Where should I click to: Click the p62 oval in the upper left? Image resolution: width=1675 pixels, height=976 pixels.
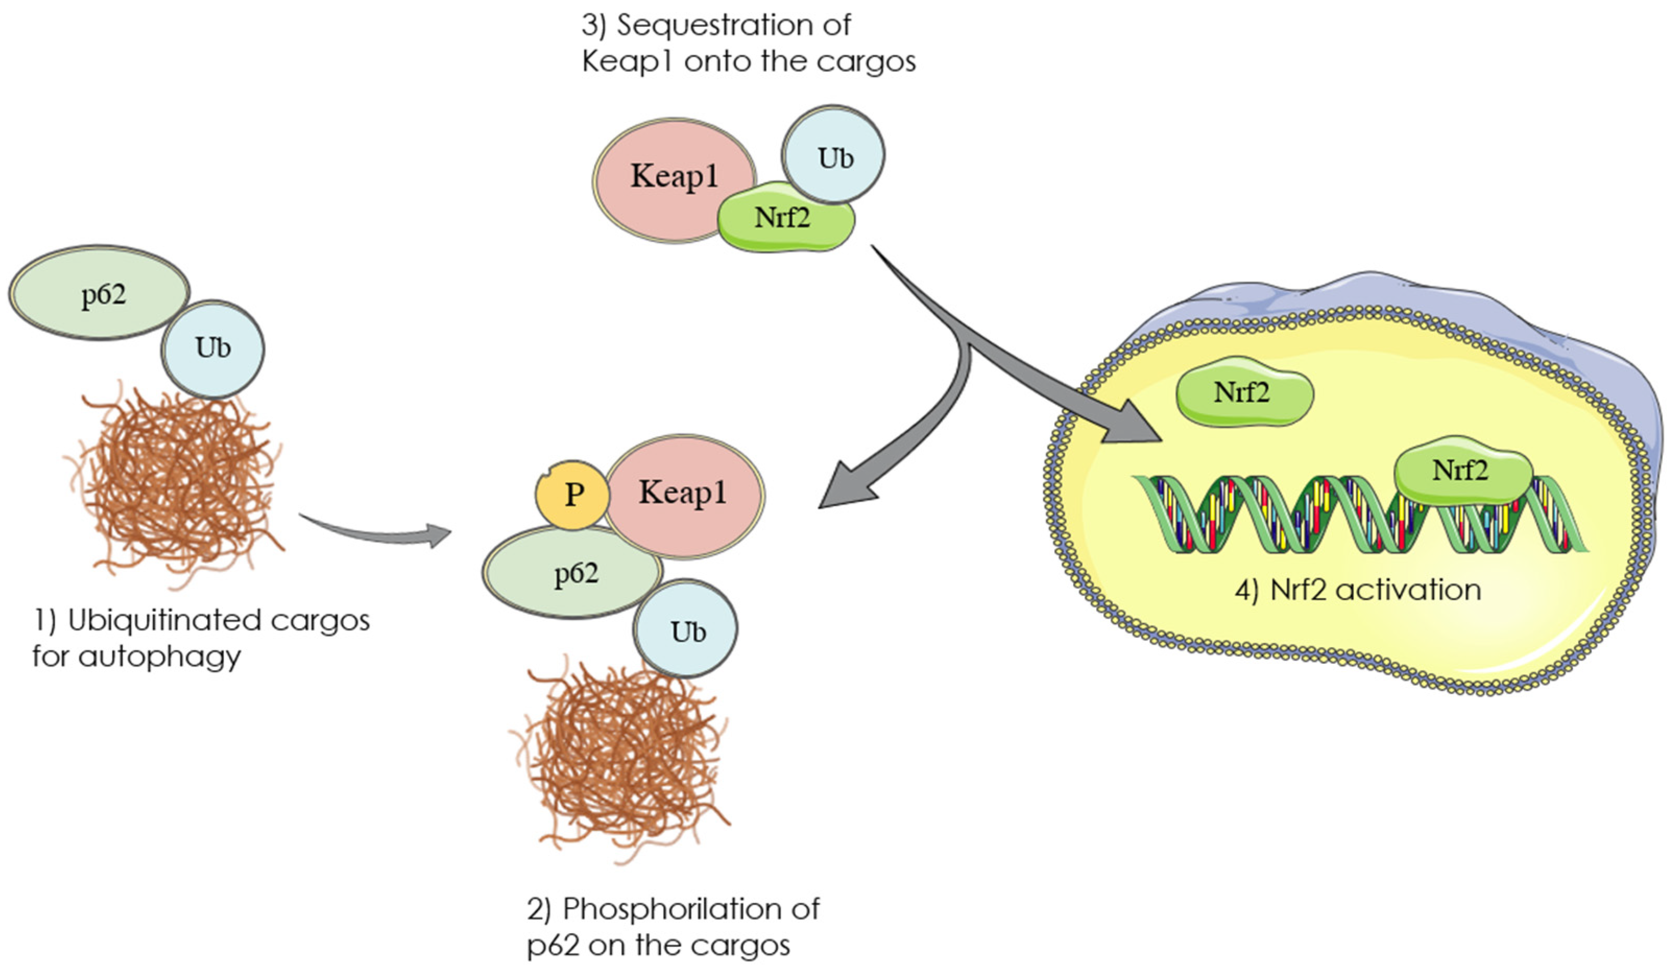click(100, 292)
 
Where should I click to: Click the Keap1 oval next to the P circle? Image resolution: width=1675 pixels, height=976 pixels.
click(684, 495)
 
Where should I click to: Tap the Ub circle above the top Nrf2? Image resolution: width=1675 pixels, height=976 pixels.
click(834, 156)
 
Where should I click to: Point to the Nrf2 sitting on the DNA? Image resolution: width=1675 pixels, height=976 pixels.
click(1462, 471)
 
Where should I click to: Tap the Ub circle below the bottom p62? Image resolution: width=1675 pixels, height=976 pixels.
click(686, 630)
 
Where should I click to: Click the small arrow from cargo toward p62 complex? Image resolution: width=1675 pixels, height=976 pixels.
click(379, 532)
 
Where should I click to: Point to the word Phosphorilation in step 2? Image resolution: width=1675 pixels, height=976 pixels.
click(671, 909)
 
